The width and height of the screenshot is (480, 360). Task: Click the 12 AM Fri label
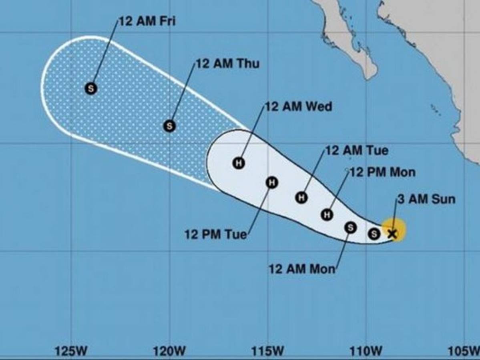point(147,21)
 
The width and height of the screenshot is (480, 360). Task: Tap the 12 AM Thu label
point(227,64)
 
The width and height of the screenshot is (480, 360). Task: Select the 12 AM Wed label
point(298,107)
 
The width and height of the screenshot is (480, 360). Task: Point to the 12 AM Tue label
point(357,151)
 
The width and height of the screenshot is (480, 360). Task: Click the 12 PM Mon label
point(383,172)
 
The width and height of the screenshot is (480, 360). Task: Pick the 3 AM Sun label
point(426,199)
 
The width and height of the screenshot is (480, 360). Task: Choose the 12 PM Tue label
point(215,234)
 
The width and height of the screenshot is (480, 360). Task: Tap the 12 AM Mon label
point(302,269)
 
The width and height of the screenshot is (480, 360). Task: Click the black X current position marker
point(392,234)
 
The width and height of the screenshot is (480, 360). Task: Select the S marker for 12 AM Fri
point(91,88)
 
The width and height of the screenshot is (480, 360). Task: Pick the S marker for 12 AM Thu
point(169,126)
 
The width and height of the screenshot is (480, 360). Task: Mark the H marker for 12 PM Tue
point(272,183)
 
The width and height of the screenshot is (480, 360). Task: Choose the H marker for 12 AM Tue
point(302,197)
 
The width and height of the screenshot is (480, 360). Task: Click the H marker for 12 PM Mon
point(327,215)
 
